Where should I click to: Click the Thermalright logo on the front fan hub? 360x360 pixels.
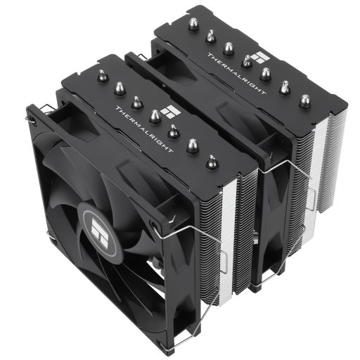(x=93, y=223)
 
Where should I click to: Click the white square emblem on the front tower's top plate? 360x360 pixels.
(x=168, y=109)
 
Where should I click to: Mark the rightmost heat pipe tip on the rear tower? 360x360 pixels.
(x=304, y=101)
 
